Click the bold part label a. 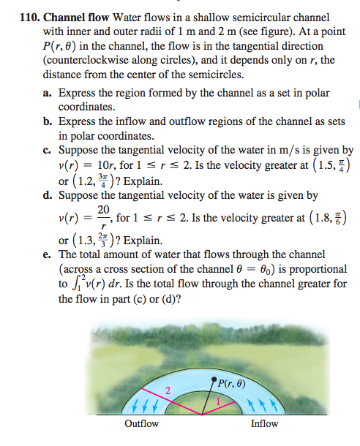48,94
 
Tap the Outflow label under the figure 142,423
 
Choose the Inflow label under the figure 264,423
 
